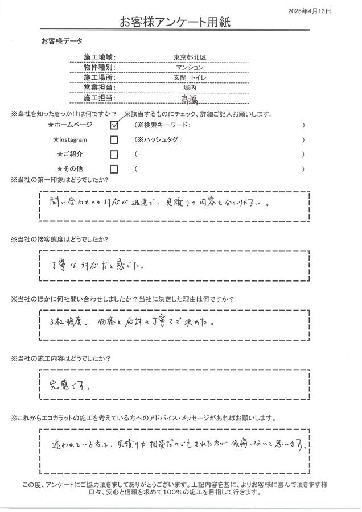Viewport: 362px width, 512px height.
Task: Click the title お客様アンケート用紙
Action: coord(175,23)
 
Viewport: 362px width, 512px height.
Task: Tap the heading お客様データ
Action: coord(61,42)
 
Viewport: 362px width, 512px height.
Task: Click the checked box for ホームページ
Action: coord(114,125)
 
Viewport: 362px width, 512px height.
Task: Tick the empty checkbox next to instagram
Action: coord(114,139)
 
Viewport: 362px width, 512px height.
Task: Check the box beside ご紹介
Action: coord(114,154)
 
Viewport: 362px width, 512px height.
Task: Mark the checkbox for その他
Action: coord(114,169)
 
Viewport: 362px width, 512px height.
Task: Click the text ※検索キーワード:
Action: coord(166,125)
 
